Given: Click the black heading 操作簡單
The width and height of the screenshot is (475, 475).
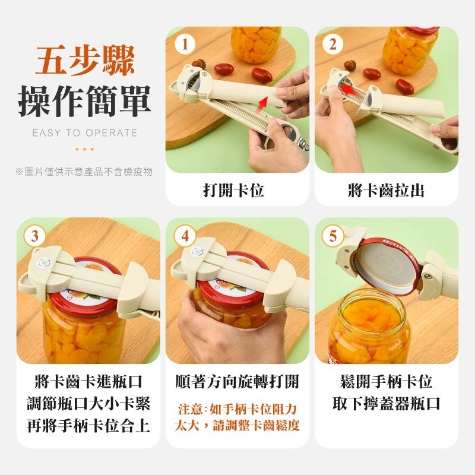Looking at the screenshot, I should pyautogui.click(x=84, y=101).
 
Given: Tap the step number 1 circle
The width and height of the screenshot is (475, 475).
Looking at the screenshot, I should pyautogui.click(x=186, y=44).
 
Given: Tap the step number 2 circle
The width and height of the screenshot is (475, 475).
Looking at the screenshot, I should pyautogui.click(x=333, y=44).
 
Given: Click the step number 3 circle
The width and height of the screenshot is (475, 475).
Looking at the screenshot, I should pyautogui.click(x=35, y=236).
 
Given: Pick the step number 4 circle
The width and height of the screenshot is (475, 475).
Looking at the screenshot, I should pyautogui.click(x=185, y=236).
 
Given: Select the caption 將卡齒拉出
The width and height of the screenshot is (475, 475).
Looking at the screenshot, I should pyautogui.click(x=386, y=191).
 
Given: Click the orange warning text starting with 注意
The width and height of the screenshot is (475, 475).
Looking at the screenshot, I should pyautogui.click(x=237, y=417).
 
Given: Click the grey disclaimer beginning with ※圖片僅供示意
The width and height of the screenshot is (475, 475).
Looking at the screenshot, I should pyautogui.click(x=84, y=172).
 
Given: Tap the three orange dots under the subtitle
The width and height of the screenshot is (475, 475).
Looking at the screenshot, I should pyautogui.click(x=84, y=149).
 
